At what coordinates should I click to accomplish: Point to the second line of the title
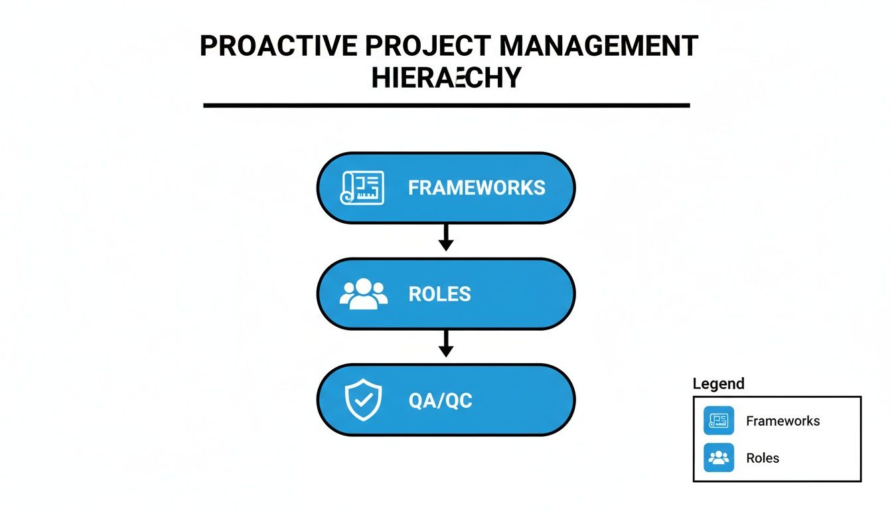click(x=446, y=78)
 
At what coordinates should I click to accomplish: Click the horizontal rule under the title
click(x=446, y=105)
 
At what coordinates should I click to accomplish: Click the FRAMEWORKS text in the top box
click(x=477, y=188)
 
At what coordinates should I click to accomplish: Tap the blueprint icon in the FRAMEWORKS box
click(x=362, y=188)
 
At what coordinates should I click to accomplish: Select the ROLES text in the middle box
click(x=439, y=294)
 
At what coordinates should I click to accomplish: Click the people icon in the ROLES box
click(x=363, y=294)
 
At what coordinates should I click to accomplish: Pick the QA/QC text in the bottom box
click(x=441, y=400)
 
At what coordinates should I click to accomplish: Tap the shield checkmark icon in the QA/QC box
click(x=363, y=400)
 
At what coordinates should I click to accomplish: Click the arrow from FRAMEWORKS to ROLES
click(x=446, y=238)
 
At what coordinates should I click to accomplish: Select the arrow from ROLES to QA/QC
click(x=446, y=344)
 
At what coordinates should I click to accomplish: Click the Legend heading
click(x=718, y=384)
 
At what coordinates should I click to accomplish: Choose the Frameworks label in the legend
click(x=782, y=421)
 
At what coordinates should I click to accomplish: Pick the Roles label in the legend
click(x=763, y=458)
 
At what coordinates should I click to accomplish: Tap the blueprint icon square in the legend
click(x=719, y=421)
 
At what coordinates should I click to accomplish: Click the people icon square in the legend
click(x=719, y=458)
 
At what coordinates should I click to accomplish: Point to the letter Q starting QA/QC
click(x=416, y=400)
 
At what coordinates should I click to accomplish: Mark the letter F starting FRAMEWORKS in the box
click(x=413, y=188)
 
